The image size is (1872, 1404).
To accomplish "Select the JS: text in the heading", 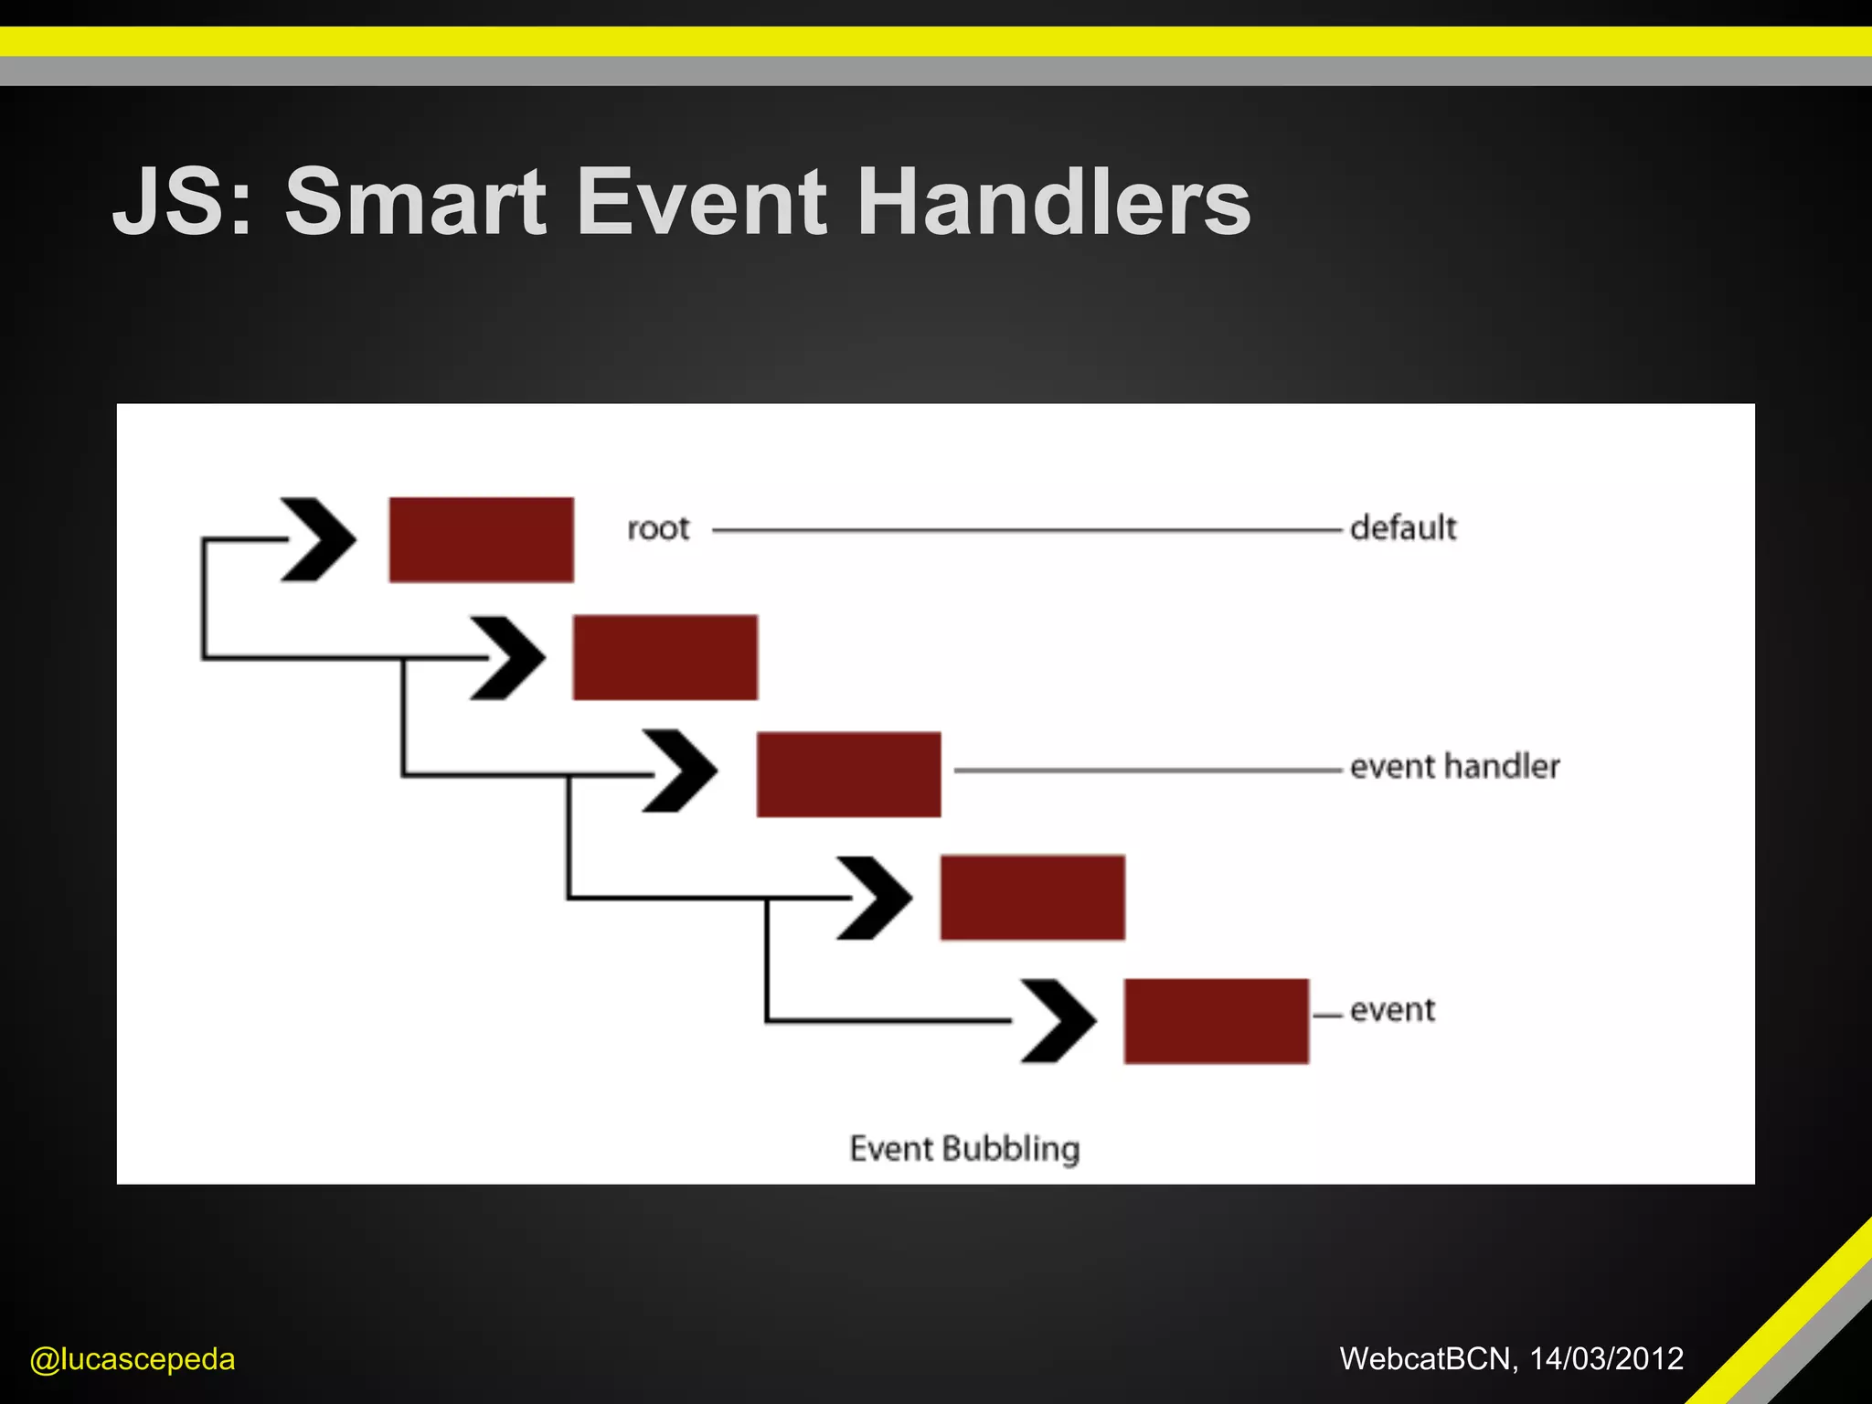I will [181, 202].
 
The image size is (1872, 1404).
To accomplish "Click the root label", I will [658, 528].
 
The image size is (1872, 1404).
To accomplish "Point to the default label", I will [1403, 527].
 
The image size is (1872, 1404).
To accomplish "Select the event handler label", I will [1454, 766].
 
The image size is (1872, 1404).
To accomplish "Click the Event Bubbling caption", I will [964, 1148].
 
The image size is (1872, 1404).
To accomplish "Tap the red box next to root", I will [482, 539].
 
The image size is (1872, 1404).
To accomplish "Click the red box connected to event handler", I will [849, 774].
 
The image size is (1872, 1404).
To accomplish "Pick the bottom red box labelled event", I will [1217, 1021].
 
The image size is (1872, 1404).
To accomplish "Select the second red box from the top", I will [665, 657].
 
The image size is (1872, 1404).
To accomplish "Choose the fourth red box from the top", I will [1033, 898].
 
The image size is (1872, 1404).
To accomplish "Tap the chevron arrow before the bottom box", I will [1058, 1021].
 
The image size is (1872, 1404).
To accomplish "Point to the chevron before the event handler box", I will [680, 771].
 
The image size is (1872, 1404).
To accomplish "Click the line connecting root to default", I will [1024, 529].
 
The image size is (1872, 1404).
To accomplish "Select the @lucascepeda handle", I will [133, 1359].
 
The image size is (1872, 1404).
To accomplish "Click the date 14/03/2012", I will [1606, 1358].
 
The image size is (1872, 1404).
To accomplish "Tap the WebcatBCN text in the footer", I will [1424, 1358].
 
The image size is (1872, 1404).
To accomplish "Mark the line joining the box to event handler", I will [1147, 771].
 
